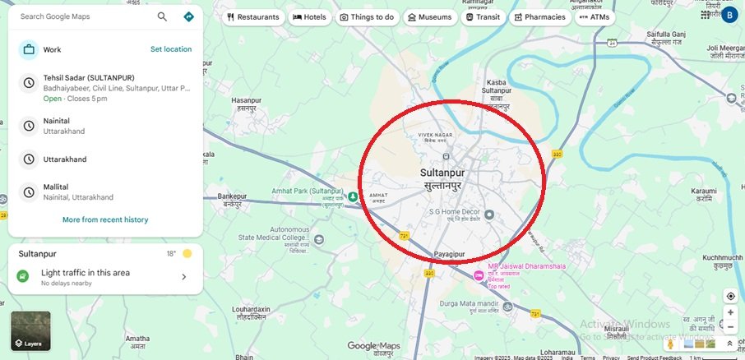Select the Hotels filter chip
coord(309,16)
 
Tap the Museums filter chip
coord(428,16)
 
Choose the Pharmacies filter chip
coord(539,16)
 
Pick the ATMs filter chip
coord(595,16)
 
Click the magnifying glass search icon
coord(162,16)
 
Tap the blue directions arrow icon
coord(188,16)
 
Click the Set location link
coord(171,49)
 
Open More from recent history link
coord(105,219)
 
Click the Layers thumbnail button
coord(30,330)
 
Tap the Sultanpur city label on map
coord(442,173)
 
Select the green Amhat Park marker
coord(352,196)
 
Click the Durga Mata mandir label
coord(470,303)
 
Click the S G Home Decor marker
coord(488,215)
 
